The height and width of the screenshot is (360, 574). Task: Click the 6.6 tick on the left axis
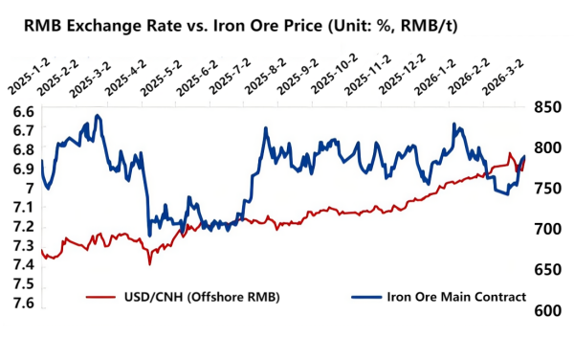point(21,111)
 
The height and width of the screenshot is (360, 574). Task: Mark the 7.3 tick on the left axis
point(21,246)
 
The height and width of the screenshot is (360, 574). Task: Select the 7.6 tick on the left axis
point(21,304)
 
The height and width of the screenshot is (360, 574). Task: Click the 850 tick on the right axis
point(547,107)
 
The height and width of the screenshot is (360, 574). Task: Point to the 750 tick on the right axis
point(547,189)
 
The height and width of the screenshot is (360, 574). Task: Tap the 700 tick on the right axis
point(547,230)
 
